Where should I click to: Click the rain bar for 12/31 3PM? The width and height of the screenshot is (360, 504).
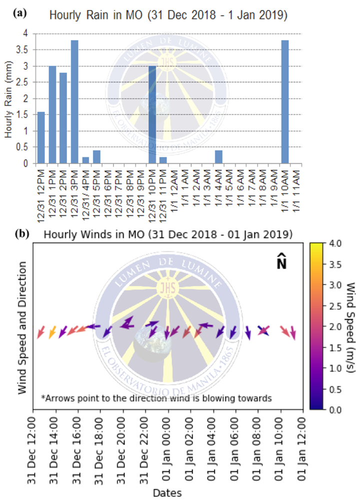click(x=74, y=102)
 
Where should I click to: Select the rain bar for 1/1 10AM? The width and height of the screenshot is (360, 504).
click(x=285, y=102)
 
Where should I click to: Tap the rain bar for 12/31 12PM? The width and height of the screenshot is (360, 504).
click(x=41, y=137)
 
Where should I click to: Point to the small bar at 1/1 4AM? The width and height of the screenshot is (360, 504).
click(x=218, y=157)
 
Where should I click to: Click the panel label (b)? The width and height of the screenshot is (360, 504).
click(x=20, y=233)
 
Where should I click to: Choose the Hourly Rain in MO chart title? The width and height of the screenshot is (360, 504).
click(x=168, y=15)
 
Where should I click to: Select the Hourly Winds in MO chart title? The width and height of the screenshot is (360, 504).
click(x=168, y=234)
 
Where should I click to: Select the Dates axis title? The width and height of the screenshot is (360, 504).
click(x=167, y=493)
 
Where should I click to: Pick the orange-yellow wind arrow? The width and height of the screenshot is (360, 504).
click(x=52, y=332)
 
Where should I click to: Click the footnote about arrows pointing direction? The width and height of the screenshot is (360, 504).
click(x=156, y=398)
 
